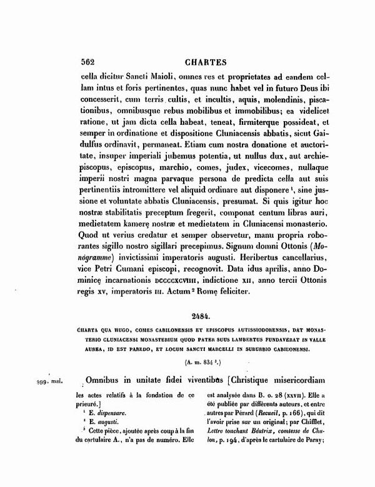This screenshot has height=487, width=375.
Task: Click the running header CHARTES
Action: pos(194,62)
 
